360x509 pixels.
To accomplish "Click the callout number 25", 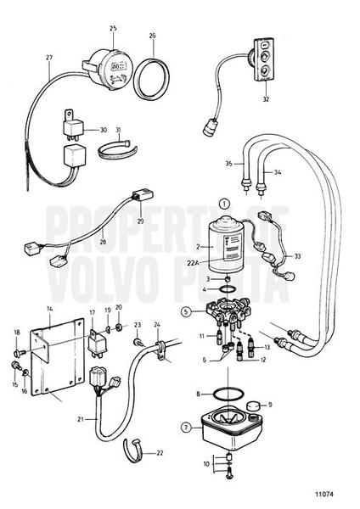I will [x=113, y=28].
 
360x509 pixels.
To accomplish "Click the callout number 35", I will [x=228, y=163].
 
